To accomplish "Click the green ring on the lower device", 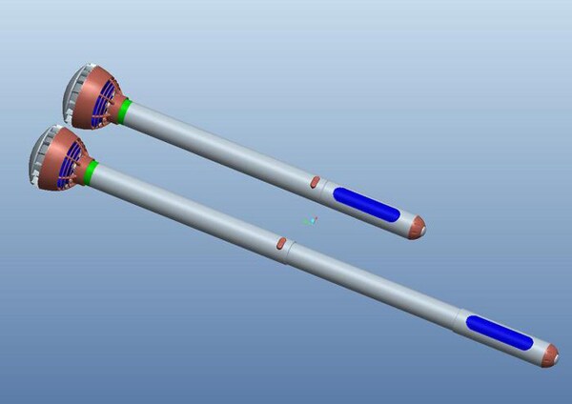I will click(x=92, y=172).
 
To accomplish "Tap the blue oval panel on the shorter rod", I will click(x=366, y=205).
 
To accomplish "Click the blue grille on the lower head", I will click(x=70, y=165).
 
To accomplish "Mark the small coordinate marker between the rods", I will click(x=309, y=221).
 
